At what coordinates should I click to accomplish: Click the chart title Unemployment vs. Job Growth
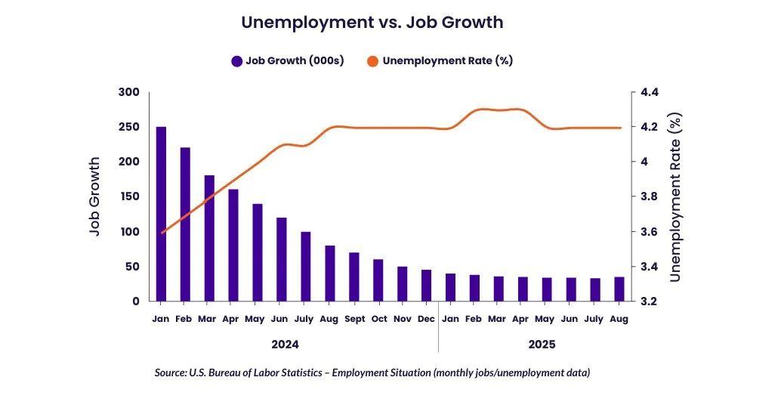click(372, 23)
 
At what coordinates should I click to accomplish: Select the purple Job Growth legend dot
click(236, 61)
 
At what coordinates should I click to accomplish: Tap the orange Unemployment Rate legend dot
click(373, 61)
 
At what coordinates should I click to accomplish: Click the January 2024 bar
click(161, 214)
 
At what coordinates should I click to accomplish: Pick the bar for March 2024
click(209, 238)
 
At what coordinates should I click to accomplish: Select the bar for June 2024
click(282, 259)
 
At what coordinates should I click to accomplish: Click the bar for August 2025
click(619, 289)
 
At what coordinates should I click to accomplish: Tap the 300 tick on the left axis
click(129, 92)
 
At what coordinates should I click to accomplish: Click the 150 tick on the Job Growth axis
click(129, 196)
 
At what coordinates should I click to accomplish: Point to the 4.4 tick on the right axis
click(650, 92)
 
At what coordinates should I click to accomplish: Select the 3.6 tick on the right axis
click(650, 232)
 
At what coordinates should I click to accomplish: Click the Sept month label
click(354, 320)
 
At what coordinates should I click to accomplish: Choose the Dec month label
click(426, 320)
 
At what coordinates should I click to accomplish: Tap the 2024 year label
click(285, 345)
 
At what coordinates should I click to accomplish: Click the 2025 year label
click(542, 345)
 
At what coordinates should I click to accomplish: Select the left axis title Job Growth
click(95, 196)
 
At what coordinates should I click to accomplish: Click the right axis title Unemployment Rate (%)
click(675, 196)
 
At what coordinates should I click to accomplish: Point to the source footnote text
click(372, 373)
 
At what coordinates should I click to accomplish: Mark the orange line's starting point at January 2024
click(162, 233)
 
